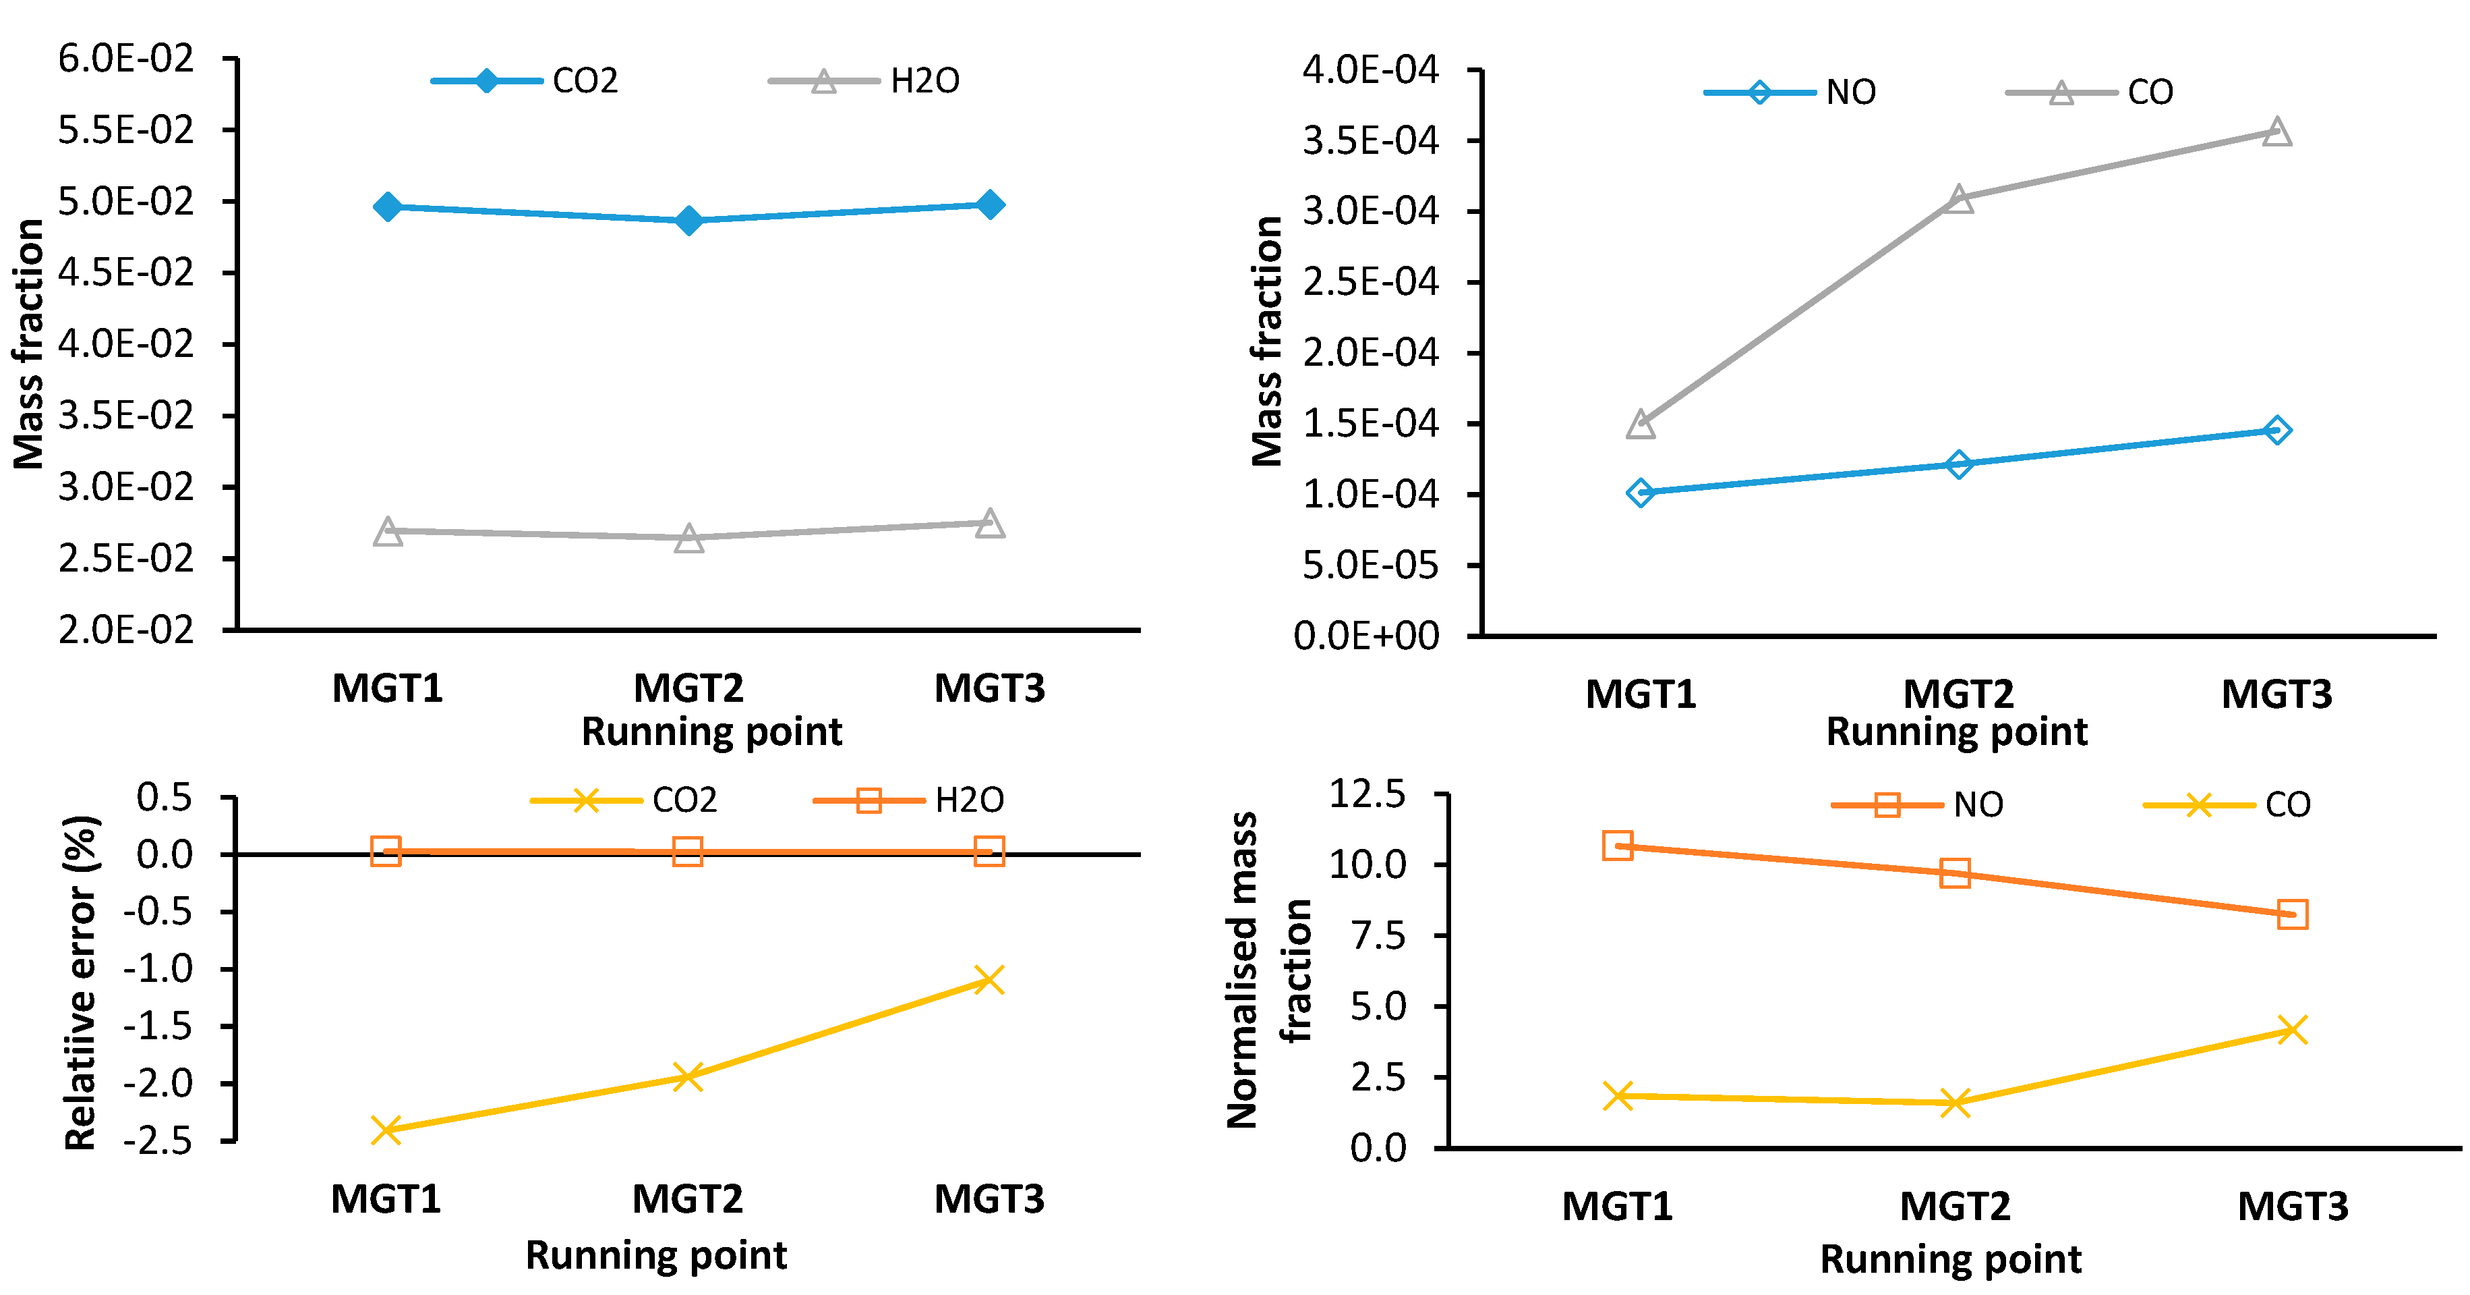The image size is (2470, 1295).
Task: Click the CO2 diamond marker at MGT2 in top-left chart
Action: point(688,221)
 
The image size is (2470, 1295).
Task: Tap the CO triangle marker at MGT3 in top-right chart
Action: point(2277,132)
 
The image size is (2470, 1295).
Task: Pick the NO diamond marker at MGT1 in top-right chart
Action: point(1641,493)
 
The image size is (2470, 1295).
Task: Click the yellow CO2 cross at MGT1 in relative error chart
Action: point(386,1130)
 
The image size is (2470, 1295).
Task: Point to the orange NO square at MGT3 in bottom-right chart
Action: point(2292,914)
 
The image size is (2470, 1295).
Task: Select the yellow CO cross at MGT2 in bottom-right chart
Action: point(1955,1103)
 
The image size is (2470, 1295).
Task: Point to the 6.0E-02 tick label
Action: point(125,59)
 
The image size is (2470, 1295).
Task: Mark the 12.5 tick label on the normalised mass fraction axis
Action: point(1366,794)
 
